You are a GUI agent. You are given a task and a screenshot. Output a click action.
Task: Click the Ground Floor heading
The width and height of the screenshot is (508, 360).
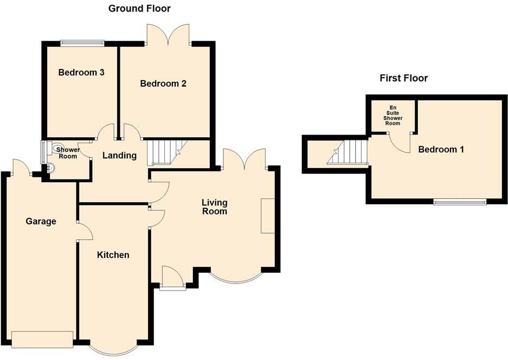click(x=139, y=8)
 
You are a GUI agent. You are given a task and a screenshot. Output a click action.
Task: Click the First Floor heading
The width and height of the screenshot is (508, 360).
click(x=403, y=78)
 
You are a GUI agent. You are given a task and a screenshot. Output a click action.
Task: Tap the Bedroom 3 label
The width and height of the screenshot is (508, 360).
click(x=81, y=72)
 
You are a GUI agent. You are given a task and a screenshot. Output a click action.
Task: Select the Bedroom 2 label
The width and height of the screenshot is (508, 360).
click(x=163, y=83)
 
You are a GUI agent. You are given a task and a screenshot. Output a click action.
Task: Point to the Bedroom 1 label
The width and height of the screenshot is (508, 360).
click(x=441, y=149)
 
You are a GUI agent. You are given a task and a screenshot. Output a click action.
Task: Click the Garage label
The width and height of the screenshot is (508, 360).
click(x=41, y=221)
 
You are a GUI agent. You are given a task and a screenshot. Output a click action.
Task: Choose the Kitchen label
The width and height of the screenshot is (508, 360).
click(x=113, y=254)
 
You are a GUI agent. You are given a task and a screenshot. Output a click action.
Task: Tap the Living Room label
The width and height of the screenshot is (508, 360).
click(x=214, y=207)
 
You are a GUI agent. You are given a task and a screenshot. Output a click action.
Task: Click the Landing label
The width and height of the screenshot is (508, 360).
click(x=119, y=156)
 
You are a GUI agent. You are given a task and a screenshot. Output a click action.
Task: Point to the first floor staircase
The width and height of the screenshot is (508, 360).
click(x=348, y=152)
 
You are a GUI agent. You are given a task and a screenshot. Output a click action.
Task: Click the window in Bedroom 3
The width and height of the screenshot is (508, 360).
click(x=82, y=41)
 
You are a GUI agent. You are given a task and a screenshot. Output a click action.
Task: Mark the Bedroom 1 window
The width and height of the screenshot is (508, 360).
click(x=460, y=202)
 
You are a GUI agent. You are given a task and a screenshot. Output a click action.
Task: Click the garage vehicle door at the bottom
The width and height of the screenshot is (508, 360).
click(x=42, y=339)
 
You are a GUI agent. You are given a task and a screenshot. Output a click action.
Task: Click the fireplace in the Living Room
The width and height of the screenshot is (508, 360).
click(x=268, y=216)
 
